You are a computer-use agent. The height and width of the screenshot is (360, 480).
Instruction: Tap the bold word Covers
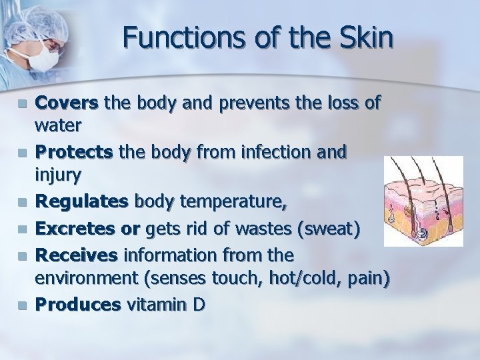click(67, 103)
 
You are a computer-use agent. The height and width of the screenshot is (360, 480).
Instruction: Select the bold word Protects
click(74, 152)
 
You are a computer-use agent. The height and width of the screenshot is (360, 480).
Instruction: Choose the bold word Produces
click(77, 305)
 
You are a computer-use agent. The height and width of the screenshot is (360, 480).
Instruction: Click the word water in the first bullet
click(58, 125)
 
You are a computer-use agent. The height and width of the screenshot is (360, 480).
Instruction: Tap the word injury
click(58, 176)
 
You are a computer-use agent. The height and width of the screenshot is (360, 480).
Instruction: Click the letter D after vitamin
click(199, 305)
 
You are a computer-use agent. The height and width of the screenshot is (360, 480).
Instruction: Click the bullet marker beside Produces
click(21, 305)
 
